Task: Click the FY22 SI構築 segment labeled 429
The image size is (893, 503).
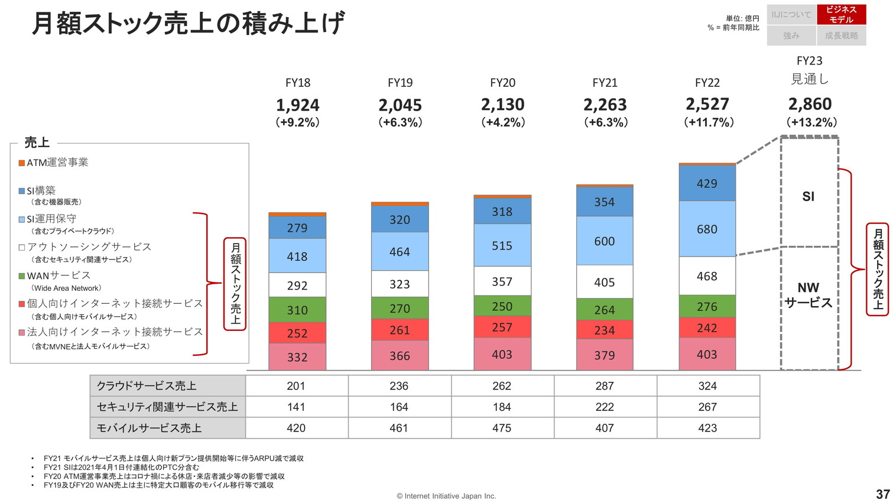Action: (707, 183)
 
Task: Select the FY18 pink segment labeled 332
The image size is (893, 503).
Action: (297, 356)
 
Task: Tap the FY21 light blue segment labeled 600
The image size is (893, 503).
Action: (605, 241)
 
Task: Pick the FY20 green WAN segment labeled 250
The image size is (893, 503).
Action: (502, 306)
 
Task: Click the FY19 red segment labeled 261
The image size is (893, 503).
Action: (400, 330)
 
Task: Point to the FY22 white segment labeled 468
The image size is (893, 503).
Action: (707, 276)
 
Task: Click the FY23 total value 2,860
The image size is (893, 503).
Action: (810, 105)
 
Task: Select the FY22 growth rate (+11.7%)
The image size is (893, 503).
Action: (708, 122)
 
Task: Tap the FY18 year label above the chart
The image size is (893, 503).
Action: (297, 83)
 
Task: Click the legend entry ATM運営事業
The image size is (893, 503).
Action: (57, 163)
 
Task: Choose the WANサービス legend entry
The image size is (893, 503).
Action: (59, 275)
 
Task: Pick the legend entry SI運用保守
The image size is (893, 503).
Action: (51, 219)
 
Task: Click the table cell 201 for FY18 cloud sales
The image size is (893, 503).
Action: (296, 386)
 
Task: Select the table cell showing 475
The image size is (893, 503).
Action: (502, 428)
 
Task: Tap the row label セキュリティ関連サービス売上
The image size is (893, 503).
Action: (167, 407)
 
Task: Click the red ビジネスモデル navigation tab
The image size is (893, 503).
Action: (841, 15)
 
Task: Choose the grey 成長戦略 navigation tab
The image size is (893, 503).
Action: (841, 35)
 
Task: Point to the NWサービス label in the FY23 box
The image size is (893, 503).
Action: (808, 295)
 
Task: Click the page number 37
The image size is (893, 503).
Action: (882, 494)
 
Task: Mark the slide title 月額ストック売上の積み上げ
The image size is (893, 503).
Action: (188, 24)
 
